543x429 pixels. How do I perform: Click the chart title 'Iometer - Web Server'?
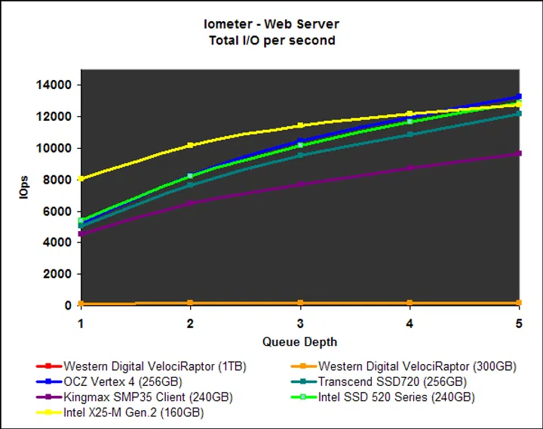click(x=272, y=25)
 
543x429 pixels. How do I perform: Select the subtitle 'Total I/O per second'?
click(x=272, y=40)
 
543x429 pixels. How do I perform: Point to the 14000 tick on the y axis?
click(x=56, y=85)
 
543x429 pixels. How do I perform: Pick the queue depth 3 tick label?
click(x=300, y=323)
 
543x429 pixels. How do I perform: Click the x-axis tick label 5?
click(x=519, y=323)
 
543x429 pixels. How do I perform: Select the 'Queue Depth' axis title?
click(x=299, y=341)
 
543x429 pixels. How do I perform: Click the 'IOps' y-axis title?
click(x=24, y=189)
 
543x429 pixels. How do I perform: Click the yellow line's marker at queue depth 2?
click(x=190, y=145)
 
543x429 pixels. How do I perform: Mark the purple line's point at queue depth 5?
click(x=519, y=153)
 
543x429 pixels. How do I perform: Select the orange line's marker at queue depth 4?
click(x=410, y=303)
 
